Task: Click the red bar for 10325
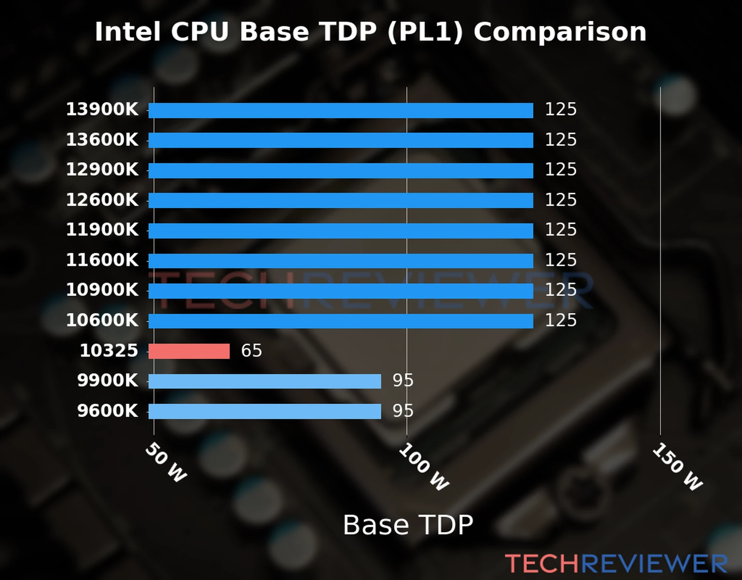(x=189, y=351)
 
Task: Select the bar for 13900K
(x=341, y=110)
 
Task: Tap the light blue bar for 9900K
(x=264, y=381)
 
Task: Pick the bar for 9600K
(x=264, y=411)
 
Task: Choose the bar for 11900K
(x=341, y=231)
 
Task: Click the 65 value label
(x=251, y=351)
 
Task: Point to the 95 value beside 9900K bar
(x=403, y=381)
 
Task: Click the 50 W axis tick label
(x=166, y=463)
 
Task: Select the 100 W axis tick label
(x=424, y=467)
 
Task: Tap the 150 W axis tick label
(x=677, y=467)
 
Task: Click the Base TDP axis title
(x=408, y=525)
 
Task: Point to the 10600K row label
(x=102, y=320)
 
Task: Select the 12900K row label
(x=102, y=170)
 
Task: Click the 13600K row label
(x=102, y=140)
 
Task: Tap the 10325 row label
(x=109, y=351)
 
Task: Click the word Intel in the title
(x=128, y=32)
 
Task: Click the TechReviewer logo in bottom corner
(x=616, y=564)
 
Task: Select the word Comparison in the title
(x=559, y=32)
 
